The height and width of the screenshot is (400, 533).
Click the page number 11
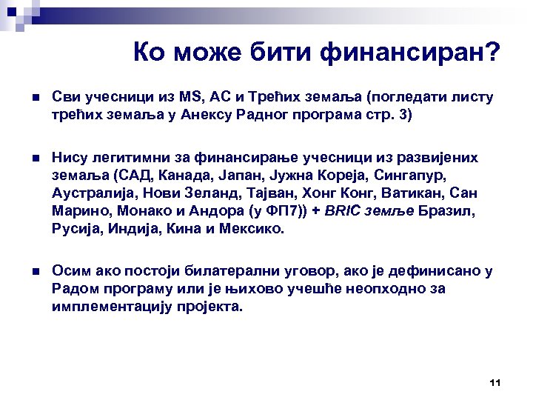point(496,382)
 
